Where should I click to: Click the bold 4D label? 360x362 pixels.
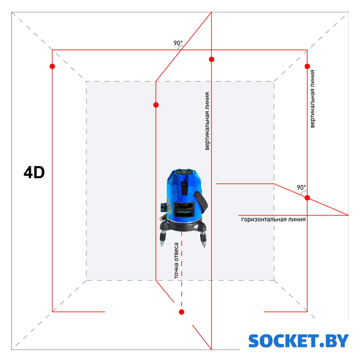pyautogui.click(x=34, y=173)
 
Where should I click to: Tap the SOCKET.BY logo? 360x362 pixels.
pyautogui.click(x=298, y=341)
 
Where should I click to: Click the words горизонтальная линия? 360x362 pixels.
pyautogui.click(x=274, y=219)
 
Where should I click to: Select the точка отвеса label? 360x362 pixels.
pyautogui.click(x=176, y=260)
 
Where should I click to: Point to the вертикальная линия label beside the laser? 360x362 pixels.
pyautogui.click(x=207, y=121)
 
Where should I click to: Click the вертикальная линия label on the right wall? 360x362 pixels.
pyautogui.click(x=313, y=99)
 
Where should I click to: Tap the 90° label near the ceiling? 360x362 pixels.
pyautogui.click(x=178, y=43)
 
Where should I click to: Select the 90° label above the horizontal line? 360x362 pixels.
pyautogui.click(x=301, y=187)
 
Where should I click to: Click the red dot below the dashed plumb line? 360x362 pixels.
pyautogui.click(x=181, y=312)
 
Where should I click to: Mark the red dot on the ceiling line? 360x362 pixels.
pyautogui.click(x=211, y=59)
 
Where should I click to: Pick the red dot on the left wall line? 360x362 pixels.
pyautogui.click(x=53, y=67)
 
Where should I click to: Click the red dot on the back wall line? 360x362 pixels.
pyautogui.click(x=156, y=105)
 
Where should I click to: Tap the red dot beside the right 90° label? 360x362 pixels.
pyautogui.click(x=307, y=198)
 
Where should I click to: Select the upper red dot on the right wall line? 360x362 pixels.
pyautogui.click(x=307, y=67)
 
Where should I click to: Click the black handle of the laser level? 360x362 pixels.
pyautogui.click(x=201, y=202)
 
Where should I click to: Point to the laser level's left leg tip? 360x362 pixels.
pyautogui.click(x=162, y=245)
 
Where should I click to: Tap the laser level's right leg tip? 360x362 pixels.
pyautogui.click(x=204, y=247)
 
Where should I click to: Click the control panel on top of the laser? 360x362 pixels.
pyautogui.click(x=184, y=172)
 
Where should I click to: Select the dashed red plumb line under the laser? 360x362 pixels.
pyautogui.click(x=182, y=270)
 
